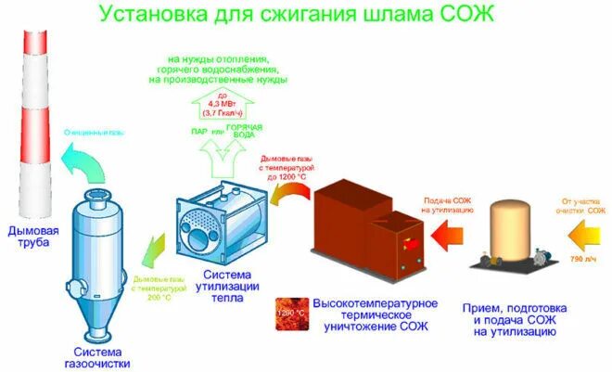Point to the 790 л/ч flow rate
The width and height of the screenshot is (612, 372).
583,258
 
